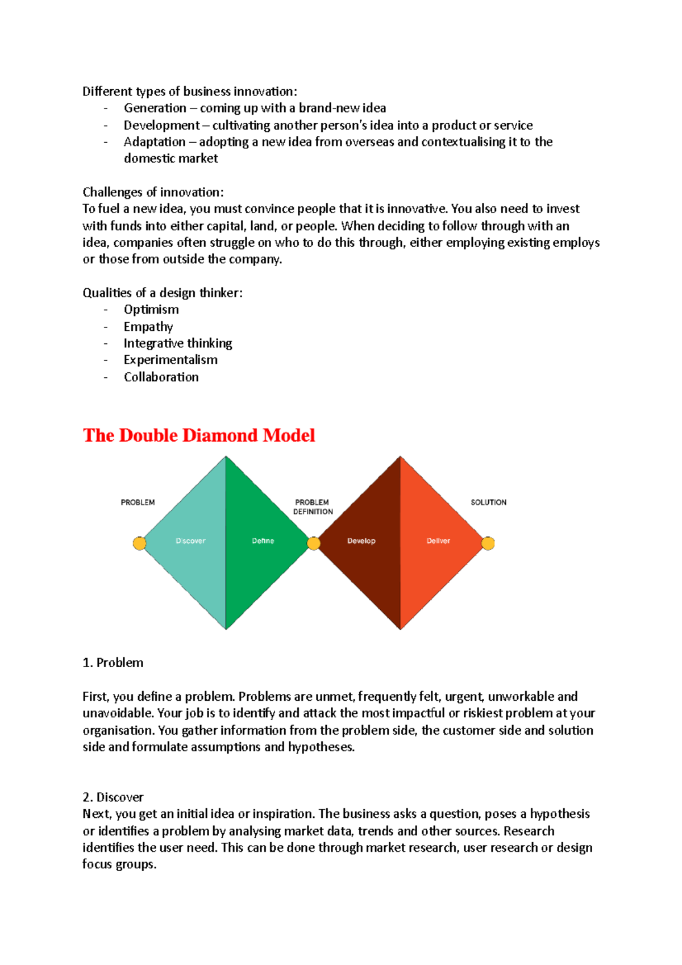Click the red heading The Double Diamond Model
(x=198, y=435)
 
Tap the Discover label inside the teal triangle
(x=190, y=540)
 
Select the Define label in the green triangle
(x=263, y=540)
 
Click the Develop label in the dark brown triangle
(x=361, y=540)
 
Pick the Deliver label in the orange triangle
(x=438, y=540)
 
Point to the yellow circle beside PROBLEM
(x=139, y=543)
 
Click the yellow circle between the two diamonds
(x=314, y=543)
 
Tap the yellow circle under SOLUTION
(x=488, y=543)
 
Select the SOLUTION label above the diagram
(x=488, y=502)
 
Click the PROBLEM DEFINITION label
(x=313, y=507)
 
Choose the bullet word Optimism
(x=151, y=309)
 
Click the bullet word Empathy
(x=148, y=326)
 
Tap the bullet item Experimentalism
(x=170, y=360)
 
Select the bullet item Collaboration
(x=161, y=377)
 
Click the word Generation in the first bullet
(x=155, y=108)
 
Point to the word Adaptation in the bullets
(x=155, y=142)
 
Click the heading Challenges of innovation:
(x=153, y=192)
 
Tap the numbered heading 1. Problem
(x=113, y=663)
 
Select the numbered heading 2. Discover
(x=113, y=797)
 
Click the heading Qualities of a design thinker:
(x=163, y=293)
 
